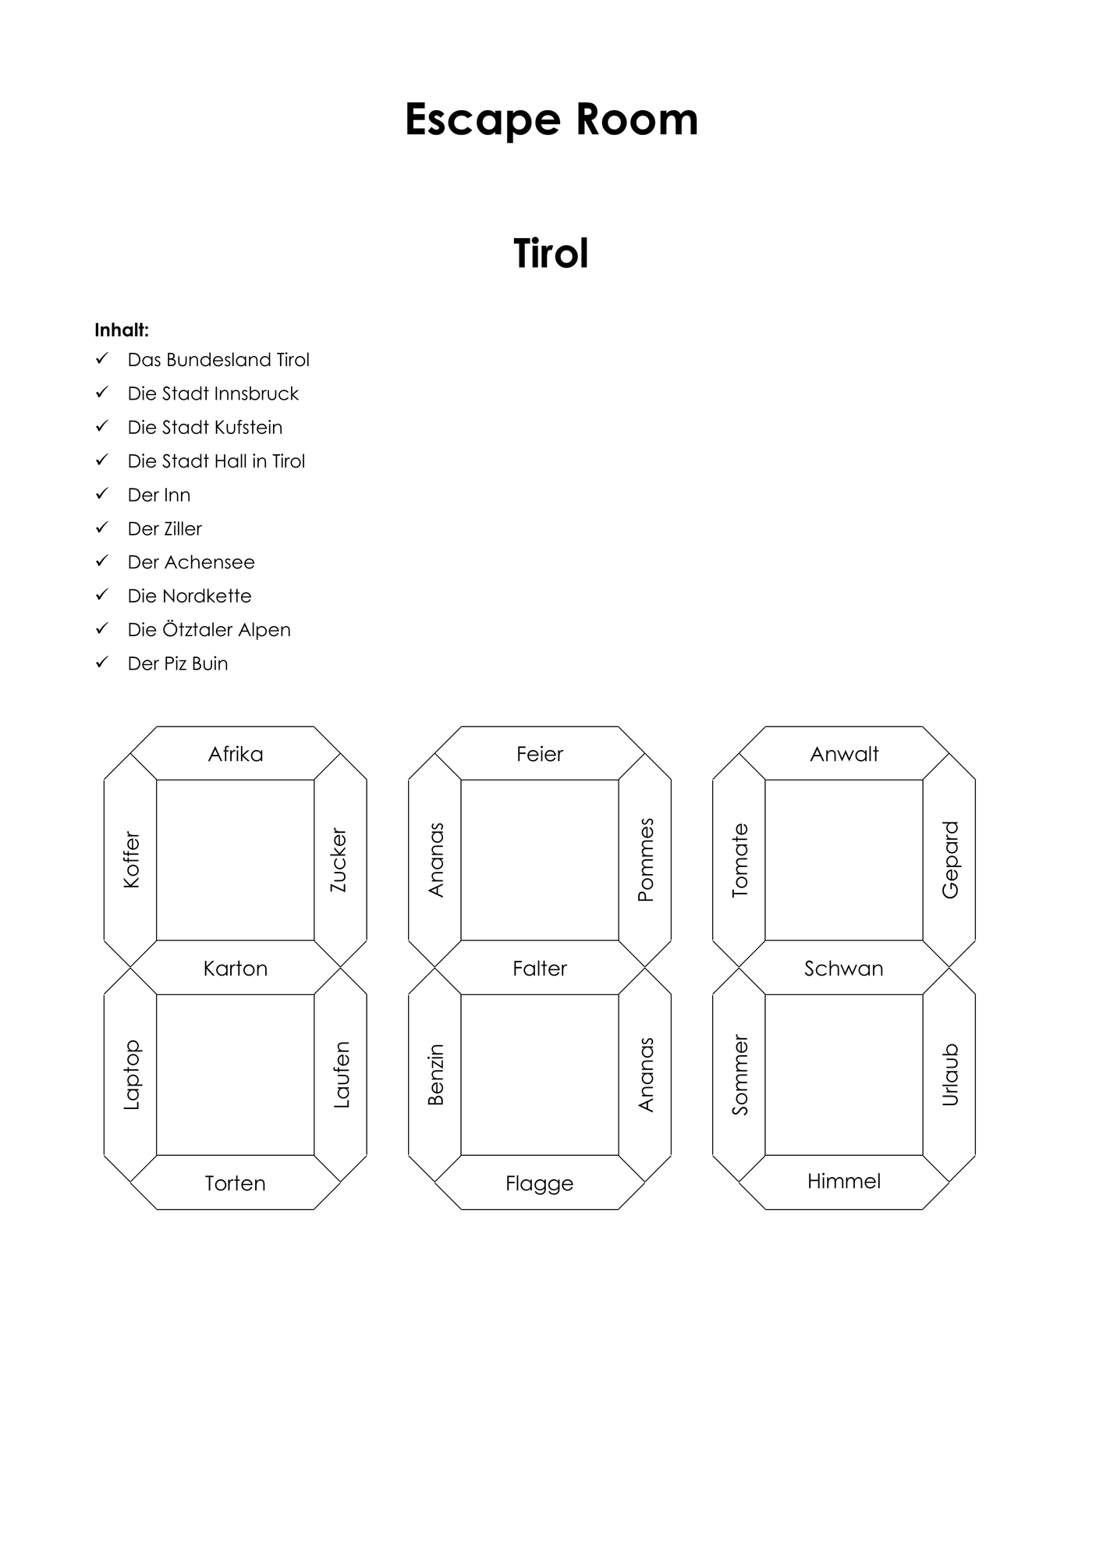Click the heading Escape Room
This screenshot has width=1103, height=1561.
coord(551,119)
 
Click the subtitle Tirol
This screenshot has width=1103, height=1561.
coord(551,254)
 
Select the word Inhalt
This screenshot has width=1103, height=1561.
coord(122,329)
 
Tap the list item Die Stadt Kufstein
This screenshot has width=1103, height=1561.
coord(205,427)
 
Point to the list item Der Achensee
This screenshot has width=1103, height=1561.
coord(191,562)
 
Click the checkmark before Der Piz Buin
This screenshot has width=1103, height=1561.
coord(101,663)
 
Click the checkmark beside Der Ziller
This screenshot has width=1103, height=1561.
coord(101,528)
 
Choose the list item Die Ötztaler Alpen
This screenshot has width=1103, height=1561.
coord(209,629)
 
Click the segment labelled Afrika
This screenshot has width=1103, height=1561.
coord(236,753)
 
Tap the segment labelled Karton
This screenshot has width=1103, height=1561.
coord(236,968)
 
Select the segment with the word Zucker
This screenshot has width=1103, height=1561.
coord(340,860)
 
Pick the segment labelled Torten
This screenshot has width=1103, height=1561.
coord(236,1182)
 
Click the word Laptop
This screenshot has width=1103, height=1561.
coord(131,1075)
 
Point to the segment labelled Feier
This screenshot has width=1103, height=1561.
coord(540,753)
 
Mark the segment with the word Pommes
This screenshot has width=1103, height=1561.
coord(644,860)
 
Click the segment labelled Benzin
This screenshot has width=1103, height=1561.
coord(435,1075)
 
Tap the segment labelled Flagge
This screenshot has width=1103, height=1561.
coord(540,1182)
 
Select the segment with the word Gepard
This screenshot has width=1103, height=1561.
coord(949,860)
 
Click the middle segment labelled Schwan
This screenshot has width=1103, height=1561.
coord(844,968)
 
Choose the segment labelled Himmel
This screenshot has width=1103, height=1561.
coord(844,1182)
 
